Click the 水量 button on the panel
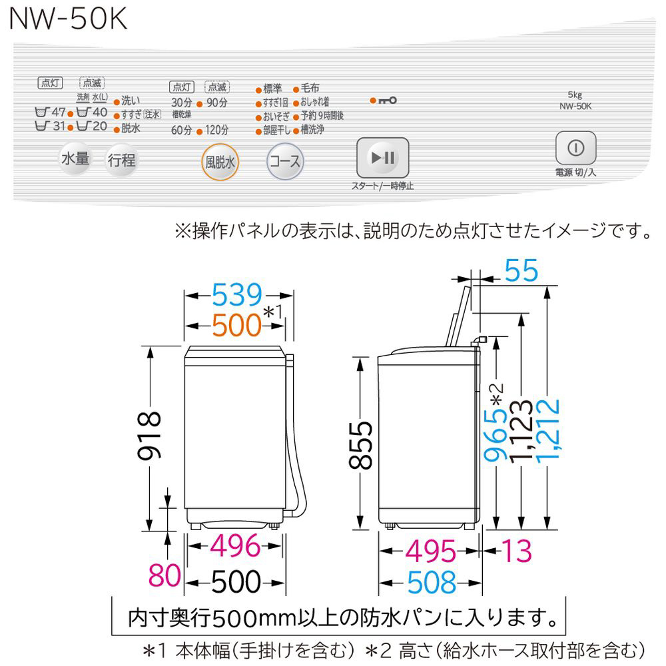[x=75, y=159]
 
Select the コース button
[x=284, y=161]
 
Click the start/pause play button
[x=382, y=159]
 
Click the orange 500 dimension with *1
[x=237, y=325]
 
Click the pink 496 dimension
[x=234, y=547]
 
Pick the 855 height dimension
[x=361, y=445]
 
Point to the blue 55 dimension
[x=521, y=272]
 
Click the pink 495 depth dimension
[x=430, y=550]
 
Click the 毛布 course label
[x=310, y=89]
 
